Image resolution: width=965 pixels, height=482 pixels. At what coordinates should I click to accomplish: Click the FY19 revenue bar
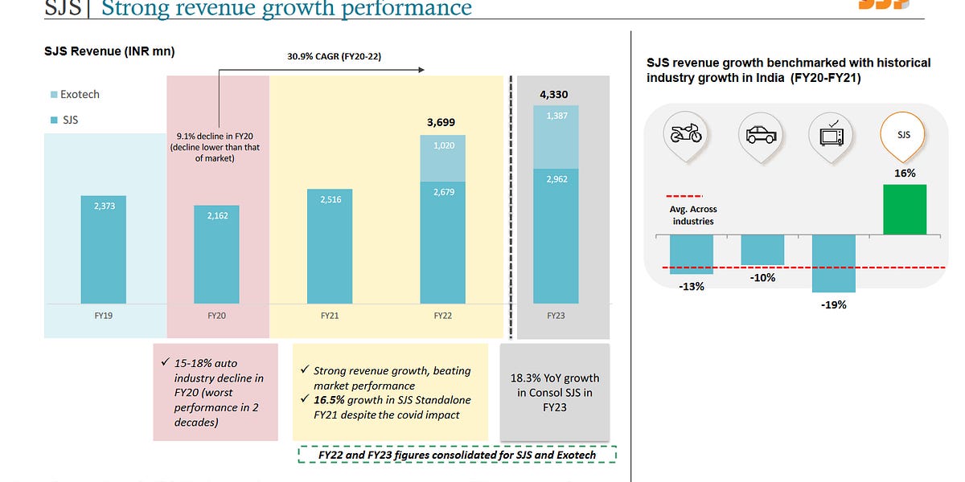point(103,249)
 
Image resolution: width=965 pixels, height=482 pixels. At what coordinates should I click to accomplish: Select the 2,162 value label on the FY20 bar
point(216,215)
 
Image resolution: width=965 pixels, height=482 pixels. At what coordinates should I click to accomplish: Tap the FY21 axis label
point(329,316)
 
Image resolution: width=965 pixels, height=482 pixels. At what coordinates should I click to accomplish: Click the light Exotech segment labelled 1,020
point(442,146)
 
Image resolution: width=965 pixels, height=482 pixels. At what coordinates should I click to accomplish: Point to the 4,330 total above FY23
point(554,94)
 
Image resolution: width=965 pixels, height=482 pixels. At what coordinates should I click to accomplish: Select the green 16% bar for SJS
point(904,209)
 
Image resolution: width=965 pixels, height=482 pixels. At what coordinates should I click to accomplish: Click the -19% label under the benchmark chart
point(833,304)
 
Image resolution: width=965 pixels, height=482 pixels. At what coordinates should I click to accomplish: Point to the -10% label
point(762,277)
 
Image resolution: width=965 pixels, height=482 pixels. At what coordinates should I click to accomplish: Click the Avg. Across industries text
point(692,215)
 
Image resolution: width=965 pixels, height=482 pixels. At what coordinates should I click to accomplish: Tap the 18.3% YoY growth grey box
point(555,392)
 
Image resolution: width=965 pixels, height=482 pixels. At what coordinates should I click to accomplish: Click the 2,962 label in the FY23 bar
point(556,179)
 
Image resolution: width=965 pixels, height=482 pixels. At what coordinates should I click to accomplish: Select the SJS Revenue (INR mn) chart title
point(109,51)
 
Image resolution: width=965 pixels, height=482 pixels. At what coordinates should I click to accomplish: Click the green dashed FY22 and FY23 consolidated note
point(457,455)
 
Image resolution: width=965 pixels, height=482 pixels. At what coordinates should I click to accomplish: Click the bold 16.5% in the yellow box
point(327,400)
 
